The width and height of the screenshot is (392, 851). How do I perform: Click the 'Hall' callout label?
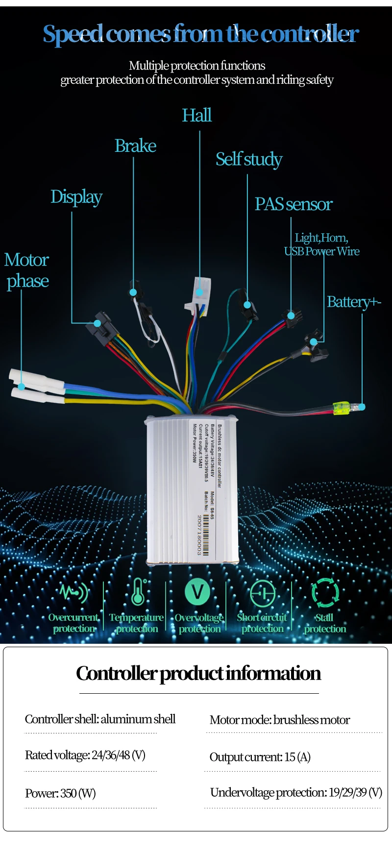[x=197, y=116]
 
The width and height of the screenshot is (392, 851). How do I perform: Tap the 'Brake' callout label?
[x=135, y=146]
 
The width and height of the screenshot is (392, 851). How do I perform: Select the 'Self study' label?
[x=249, y=160]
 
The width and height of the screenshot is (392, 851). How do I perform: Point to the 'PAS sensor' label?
[x=294, y=204]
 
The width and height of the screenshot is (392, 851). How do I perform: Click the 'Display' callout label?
[x=76, y=197]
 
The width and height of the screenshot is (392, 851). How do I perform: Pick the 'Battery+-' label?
[x=354, y=302]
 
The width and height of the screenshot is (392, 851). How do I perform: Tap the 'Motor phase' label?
[x=27, y=270]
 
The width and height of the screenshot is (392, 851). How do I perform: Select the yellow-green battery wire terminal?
[x=341, y=408]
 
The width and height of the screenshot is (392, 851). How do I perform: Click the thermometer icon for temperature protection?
[x=138, y=592]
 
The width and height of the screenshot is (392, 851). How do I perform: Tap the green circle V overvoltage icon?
[x=197, y=592]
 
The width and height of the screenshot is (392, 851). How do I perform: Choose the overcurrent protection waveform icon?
[x=74, y=592]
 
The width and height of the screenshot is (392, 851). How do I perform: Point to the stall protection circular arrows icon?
[x=325, y=592]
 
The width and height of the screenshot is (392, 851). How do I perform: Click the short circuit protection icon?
[x=263, y=593]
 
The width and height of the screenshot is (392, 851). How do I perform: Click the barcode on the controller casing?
[x=206, y=535]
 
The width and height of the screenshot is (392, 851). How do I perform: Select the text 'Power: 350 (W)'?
[x=60, y=793]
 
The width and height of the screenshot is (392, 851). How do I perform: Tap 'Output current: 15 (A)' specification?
[x=260, y=757]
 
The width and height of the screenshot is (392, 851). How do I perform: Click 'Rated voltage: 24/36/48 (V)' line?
[x=85, y=755]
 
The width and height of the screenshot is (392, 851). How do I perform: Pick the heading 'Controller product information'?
[x=198, y=674]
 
